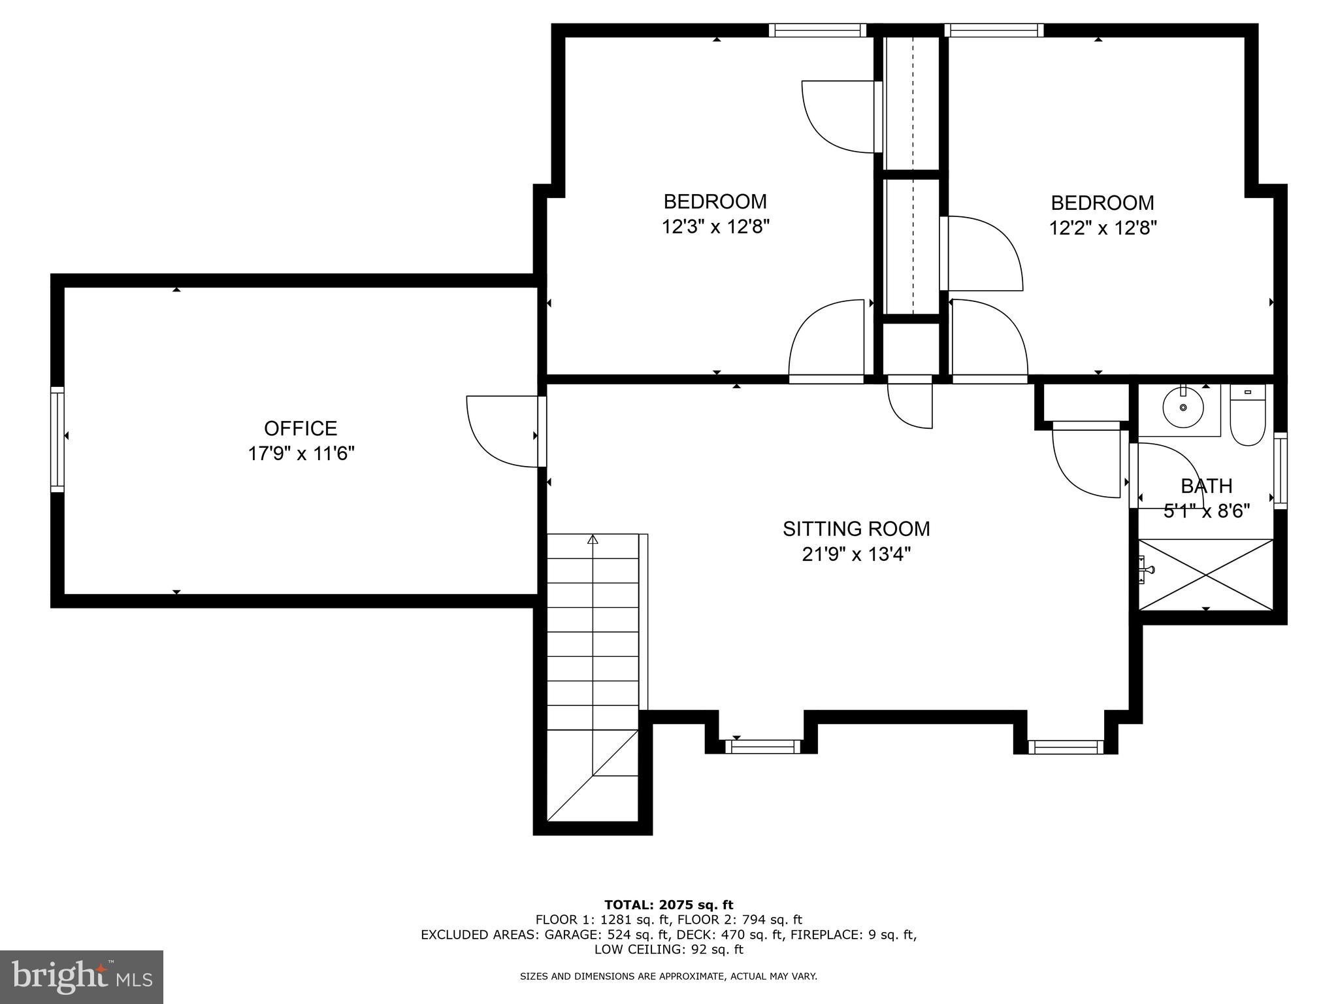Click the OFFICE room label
301,429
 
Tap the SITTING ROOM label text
856,529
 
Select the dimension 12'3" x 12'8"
715,227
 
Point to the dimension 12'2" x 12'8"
1103,229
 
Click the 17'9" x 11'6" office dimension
301,454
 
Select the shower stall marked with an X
1205,575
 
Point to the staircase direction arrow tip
593,539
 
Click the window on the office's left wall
57,439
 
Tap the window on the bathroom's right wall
1281,471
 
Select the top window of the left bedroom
817,30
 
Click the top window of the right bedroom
993,30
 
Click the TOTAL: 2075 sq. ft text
668,905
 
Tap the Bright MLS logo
81,977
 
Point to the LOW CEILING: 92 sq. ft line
668,949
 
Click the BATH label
1206,486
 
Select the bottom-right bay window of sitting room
1065,746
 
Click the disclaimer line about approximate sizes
668,977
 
